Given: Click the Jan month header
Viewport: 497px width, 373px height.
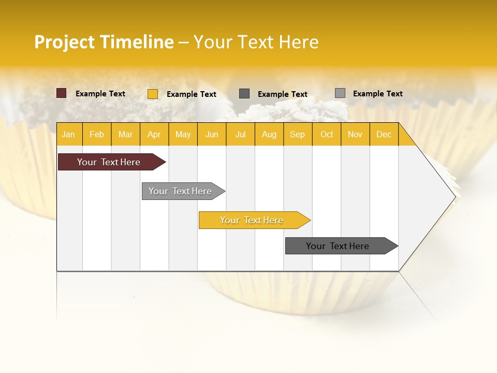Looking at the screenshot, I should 69,134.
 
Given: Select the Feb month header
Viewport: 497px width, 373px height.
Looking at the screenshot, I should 97,134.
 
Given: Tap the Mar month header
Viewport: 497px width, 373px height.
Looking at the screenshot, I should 125,134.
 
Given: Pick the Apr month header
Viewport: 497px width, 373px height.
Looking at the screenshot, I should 154,134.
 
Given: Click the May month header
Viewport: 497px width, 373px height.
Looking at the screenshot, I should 183,134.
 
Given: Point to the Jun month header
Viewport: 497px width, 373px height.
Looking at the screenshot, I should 212,134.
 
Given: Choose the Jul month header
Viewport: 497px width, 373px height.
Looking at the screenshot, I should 241,134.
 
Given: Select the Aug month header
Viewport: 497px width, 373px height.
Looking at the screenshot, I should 269,134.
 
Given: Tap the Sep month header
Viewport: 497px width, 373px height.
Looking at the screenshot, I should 298,134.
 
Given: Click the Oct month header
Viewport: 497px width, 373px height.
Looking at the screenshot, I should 327,134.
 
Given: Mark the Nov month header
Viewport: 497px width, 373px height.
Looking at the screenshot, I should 355,134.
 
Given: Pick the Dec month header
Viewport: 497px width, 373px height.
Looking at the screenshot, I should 384,134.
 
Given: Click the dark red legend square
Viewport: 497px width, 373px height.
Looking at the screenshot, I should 61,93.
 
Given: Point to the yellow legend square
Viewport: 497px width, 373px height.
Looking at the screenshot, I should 152,94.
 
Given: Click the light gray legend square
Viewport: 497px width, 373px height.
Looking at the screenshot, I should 340,93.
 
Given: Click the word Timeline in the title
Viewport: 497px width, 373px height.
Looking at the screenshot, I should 137,42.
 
